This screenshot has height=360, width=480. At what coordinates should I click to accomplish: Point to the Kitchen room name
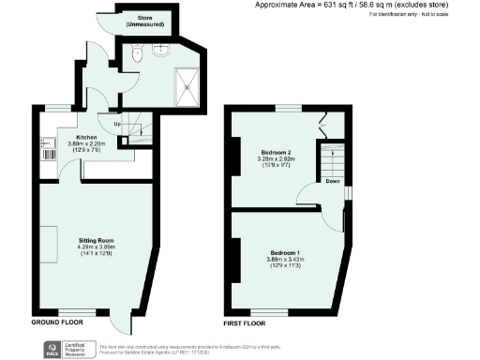[87, 136]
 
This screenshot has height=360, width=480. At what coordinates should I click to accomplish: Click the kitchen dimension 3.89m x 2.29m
[87, 143]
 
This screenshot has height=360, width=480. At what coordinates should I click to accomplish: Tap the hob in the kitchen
[46, 147]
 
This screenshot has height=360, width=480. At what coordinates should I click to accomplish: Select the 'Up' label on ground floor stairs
[117, 123]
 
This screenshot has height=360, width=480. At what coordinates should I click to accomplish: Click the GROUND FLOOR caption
[53, 322]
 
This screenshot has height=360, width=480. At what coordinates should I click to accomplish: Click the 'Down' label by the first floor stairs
[332, 183]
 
